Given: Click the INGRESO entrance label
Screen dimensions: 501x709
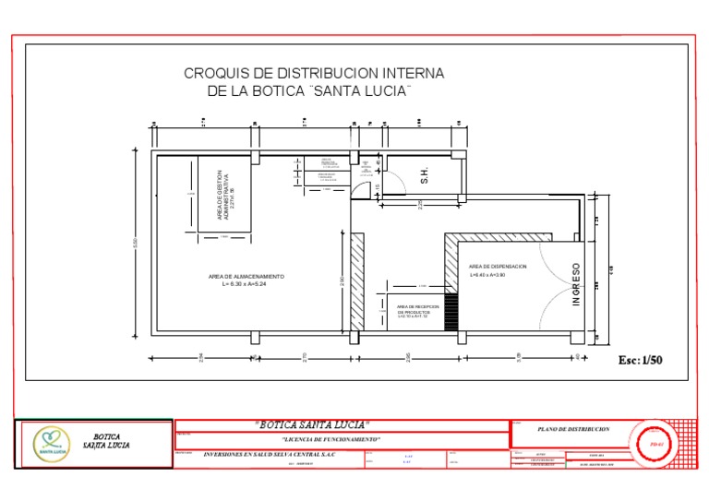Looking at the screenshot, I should pyautogui.click(x=577, y=285).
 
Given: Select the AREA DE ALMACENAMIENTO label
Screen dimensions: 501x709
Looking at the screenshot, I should pyautogui.click(x=246, y=277).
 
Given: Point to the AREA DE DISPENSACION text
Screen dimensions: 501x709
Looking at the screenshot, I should pyautogui.click(x=498, y=266).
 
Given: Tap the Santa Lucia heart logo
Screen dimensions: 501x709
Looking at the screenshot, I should pyautogui.click(x=51, y=442).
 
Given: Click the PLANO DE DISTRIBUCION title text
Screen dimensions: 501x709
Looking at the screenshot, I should pyautogui.click(x=573, y=430).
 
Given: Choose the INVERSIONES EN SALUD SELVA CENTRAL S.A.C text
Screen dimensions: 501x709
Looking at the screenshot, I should pyautogui.click(x=270, y=455).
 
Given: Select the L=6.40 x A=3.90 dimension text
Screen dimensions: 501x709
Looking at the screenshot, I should pyautogui.click(x=488, y=275).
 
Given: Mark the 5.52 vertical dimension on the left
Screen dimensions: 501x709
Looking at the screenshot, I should pyautogui.click(x=137, y=245).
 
